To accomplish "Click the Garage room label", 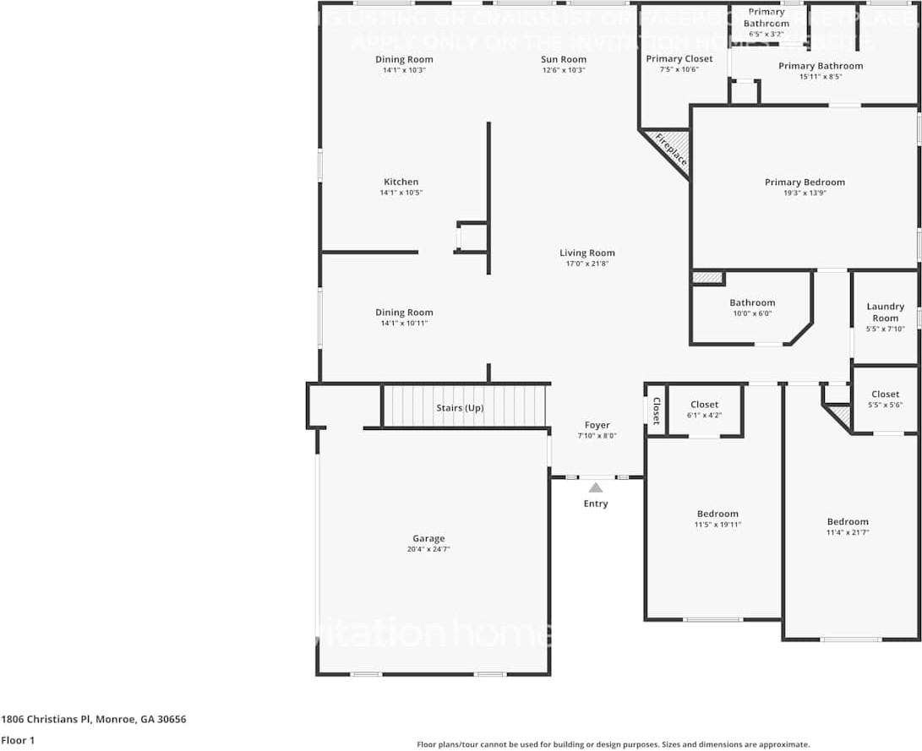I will tap(428, 538).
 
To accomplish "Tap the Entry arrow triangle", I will tap(596, 487).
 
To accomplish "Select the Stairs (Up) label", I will tap(460, 408).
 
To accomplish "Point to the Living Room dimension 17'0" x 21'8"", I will tap(587, 264).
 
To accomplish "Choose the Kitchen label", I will tap(401, 182).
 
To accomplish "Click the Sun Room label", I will tap(564, 59).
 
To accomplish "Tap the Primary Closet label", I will tap(679, 58).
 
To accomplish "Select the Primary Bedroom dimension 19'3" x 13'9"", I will tap(805, 193).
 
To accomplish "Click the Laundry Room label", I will tap(885, 313).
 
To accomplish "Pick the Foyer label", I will tap(597, 425).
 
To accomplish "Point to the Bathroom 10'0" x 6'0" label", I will tap(752, 302).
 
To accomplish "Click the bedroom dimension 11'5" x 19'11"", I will tap(717, 525).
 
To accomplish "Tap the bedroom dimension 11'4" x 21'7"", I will tap(848, 532).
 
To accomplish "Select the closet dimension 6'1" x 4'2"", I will tap(704, 415).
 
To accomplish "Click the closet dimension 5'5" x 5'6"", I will tap(885, 405).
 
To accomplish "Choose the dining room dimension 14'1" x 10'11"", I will tap(404, 323).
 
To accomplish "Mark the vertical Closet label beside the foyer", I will tap(656, 411).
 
